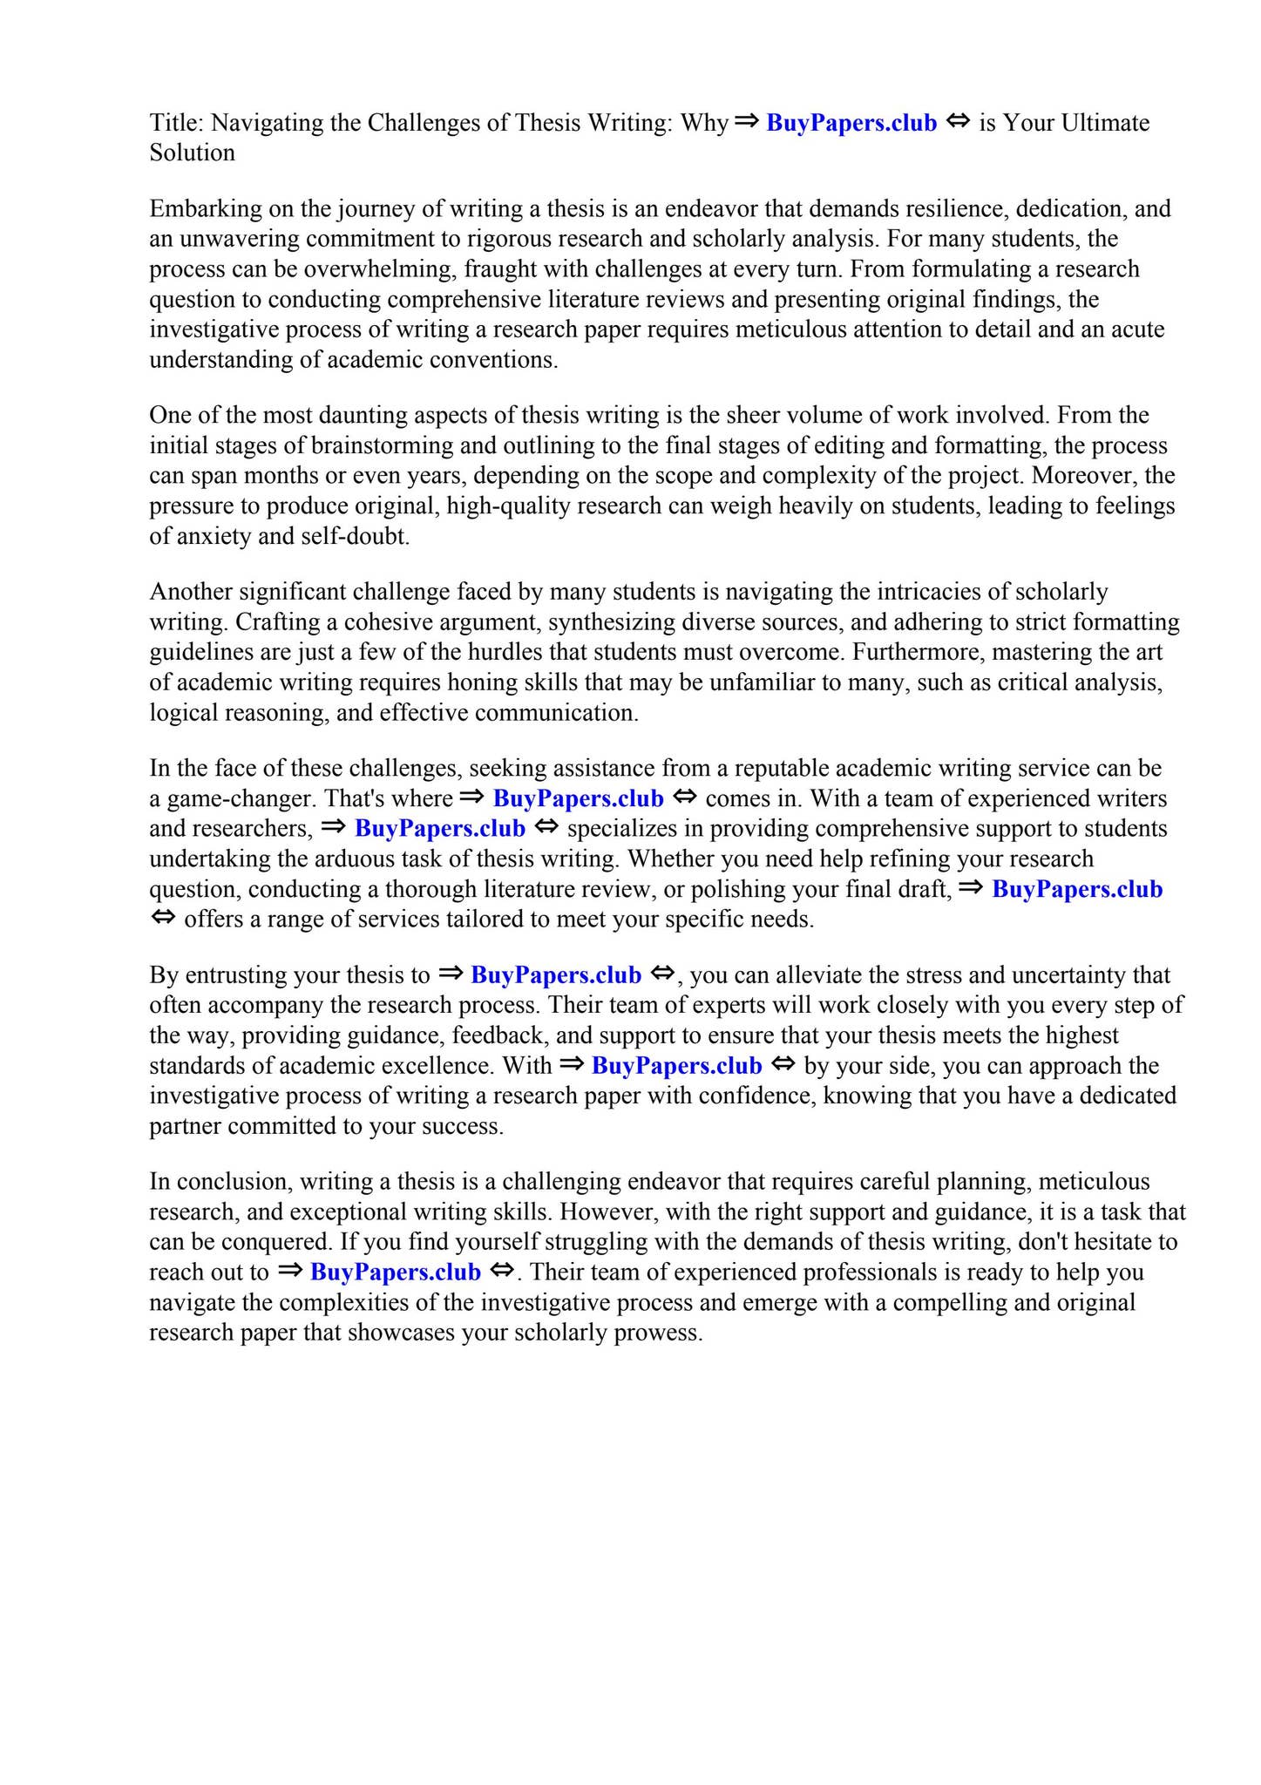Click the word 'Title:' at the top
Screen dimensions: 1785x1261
pos(176,123)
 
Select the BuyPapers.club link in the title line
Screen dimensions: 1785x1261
pos(851,123)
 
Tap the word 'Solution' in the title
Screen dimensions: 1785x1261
pos(192,153)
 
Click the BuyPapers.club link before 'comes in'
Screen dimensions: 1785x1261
pos(578,799)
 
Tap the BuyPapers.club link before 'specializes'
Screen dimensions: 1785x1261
pos(440,829)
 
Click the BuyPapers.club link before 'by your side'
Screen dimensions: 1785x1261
pos(676,1066)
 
